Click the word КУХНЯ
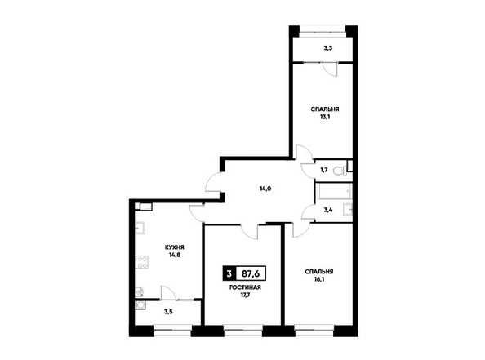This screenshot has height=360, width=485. [x=175, y=247]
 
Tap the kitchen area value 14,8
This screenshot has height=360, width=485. [x=175, y=256]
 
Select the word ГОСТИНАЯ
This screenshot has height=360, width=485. [x=245, y=287]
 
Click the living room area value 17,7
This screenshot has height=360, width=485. [x=245, y=295]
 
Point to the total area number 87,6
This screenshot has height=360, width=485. [x=251, y=273]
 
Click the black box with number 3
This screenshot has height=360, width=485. [x=229, y=273]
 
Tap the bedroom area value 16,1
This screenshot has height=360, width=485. [x=319, y=279]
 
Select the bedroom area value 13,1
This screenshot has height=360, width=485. [x=325, y=117]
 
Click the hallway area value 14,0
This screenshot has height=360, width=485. [x=265, y=189]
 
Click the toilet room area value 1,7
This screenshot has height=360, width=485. [x=324, y=170]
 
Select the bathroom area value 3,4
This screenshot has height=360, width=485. [x=328, y=210]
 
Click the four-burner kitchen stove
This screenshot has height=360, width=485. [x=142, y=262]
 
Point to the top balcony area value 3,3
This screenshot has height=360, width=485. [x=328, y=48]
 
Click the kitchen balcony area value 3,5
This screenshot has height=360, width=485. [x=168, y=312]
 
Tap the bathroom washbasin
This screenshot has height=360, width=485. [x=348, y=209]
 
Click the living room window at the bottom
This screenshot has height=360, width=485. [x=243, y=331]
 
